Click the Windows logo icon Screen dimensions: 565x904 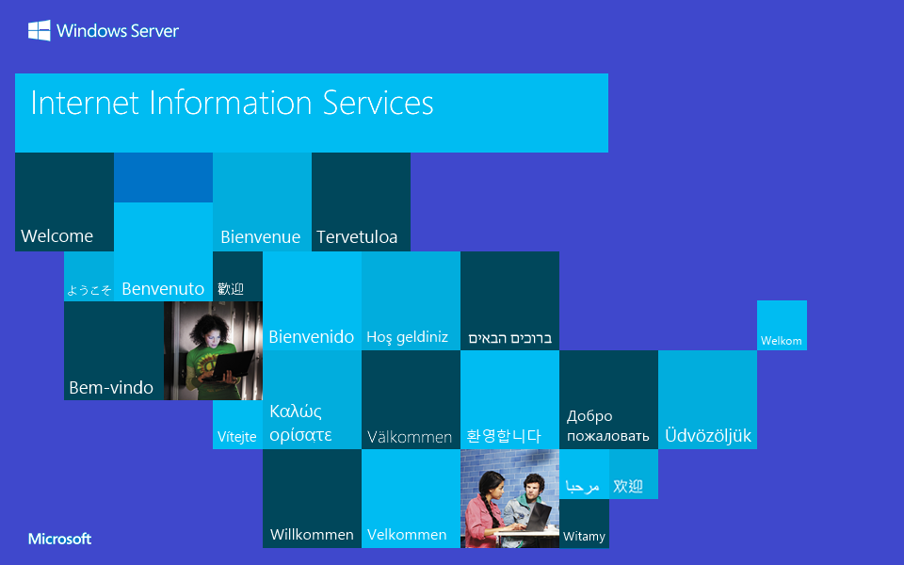(x=39, y=31)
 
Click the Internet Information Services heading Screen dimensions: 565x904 (x=232, y=103)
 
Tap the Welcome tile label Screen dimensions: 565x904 (x=57, y=235)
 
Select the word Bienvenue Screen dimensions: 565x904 (x=260, y=237)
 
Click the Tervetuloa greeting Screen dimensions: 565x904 (x=357, y=237)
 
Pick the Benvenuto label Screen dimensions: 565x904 (x=163, y=289)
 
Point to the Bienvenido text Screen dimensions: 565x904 (x=312, y=336)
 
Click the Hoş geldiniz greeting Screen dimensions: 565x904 (x=407, y=337)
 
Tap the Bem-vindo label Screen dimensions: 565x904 (x=111, y=387)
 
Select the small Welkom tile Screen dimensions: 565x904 (x=782, y=340)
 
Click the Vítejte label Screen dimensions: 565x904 (x=237, y=437)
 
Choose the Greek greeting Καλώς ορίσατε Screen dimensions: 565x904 (x=300, y=423)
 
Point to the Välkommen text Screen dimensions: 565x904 (x=410, y=437)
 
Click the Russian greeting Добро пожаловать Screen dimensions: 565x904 (x=607, y=426)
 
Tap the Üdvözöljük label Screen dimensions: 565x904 (x=708, y=436)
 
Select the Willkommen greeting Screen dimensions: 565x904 (x=312, y=534)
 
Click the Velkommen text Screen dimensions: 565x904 (x=407, y=534)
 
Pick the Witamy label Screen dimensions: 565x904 (x=584, y=537)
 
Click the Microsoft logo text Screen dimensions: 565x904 (x=59, y=539)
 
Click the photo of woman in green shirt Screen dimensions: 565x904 (x=213, y=350)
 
